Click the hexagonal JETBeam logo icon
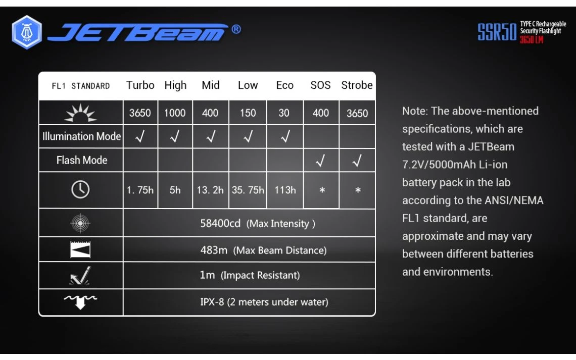tap(27, 32)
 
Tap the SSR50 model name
tap(497, 32)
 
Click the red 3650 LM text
tap(531, 39)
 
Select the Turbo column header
tap(140, 85)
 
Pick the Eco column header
tap(284, 85)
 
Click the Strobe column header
tap(357, 85)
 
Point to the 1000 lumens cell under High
tap(175, 113)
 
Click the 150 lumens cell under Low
tap(248, 113)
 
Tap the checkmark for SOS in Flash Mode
tap(321, 161)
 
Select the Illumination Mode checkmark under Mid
tap(211, 136)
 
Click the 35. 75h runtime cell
tap(248, 190)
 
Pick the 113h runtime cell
tap(285, 190)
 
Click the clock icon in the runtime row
tap(80, 190)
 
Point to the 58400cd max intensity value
tap(220, 223)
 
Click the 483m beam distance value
tap(214, 250)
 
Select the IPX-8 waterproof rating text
tap(212, 302)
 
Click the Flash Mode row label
tap(82, 160)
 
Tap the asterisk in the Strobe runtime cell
tap(358, 190)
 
